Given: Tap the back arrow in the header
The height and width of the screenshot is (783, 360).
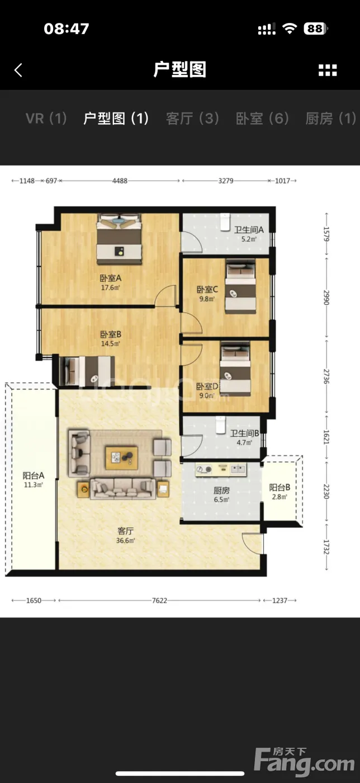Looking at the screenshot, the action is point(18,70).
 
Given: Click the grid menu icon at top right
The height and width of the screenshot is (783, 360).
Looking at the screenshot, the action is point(328,70).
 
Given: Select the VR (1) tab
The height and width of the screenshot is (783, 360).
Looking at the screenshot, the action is point(46,119).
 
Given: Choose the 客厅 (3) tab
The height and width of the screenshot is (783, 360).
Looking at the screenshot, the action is point(193,119).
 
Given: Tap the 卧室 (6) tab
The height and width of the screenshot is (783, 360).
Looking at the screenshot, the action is point(263,119).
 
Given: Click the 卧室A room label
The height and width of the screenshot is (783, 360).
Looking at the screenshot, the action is point(111,278).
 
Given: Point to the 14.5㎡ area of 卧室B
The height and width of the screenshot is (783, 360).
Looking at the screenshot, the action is point(111,343).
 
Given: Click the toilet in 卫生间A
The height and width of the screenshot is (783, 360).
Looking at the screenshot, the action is point(225,222).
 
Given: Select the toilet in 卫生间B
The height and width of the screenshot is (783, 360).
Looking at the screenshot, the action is point(221,424).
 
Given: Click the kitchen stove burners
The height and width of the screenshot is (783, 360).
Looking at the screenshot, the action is point(204,469).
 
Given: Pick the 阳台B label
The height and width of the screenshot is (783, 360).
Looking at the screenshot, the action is point(280,487).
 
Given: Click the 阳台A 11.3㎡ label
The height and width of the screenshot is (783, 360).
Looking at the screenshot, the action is point(34,480).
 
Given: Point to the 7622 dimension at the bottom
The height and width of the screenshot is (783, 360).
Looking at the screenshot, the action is point(159,600).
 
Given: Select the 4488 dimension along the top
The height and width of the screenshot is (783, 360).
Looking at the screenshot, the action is point(120,181).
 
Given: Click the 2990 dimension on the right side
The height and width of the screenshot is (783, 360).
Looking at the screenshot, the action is point(326,298).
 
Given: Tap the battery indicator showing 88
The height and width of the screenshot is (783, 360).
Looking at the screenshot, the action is point(316,29).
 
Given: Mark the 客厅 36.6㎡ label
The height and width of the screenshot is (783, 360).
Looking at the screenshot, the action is point(125,536).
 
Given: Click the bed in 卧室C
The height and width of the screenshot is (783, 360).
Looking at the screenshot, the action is point(240,286).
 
